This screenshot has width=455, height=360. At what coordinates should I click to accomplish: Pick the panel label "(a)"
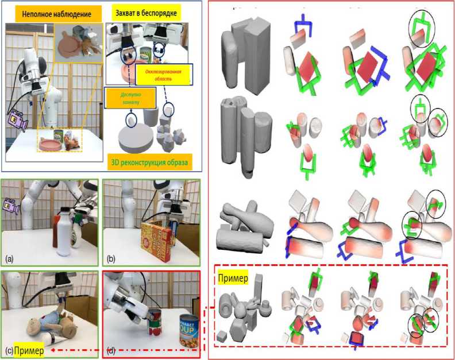tap(9, 259)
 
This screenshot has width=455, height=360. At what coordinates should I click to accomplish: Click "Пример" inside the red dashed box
tap(233, 278)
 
